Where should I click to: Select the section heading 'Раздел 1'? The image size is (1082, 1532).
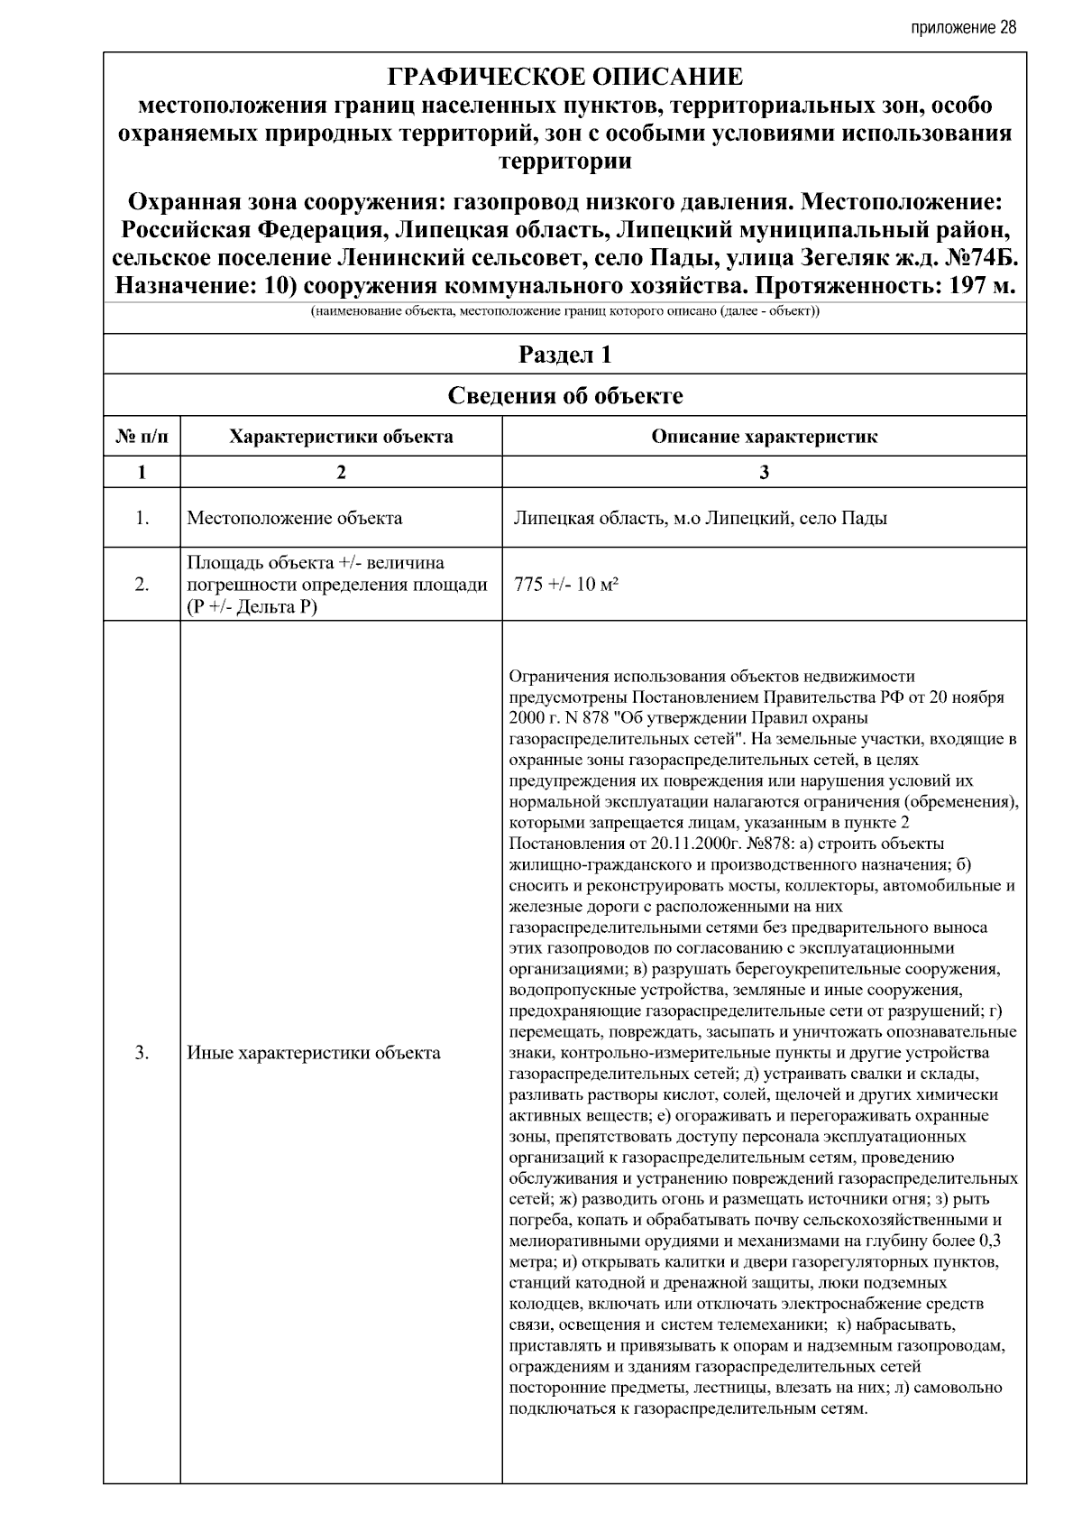(564, 355)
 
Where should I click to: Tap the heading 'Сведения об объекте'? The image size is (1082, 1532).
(564, 395)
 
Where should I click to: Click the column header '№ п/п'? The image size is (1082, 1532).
(142, 437)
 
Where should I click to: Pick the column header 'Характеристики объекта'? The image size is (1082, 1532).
(341, 437)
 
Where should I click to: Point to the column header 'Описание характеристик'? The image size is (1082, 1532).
(764, 437)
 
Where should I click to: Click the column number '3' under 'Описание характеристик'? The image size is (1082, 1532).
(764, 472)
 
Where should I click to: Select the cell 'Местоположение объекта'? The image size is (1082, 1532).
(294, 518)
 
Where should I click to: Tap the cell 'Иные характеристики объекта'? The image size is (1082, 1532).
(313, 1052)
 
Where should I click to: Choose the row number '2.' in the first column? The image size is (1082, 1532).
(142, 584)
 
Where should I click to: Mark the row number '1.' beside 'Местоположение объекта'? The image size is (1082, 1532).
(142, 518)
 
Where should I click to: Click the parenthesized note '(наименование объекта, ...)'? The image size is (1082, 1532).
(564, 312)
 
